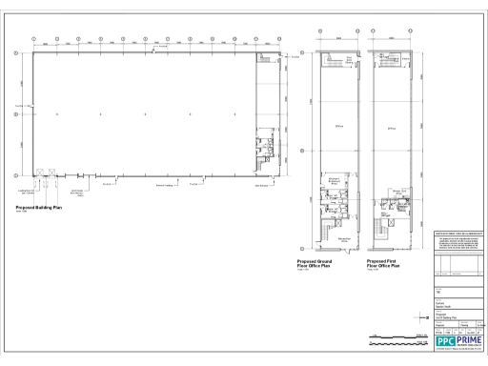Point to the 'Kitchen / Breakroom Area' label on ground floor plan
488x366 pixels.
[x=335, y=181]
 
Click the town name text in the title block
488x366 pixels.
[x=445, y=300]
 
